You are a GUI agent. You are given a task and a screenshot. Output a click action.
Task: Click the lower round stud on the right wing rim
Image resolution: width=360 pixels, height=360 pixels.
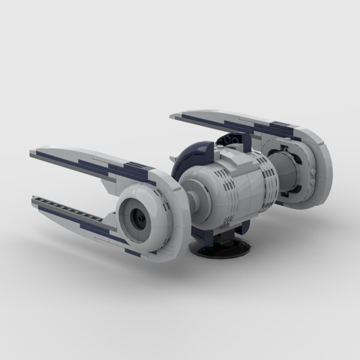pos(313,181)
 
